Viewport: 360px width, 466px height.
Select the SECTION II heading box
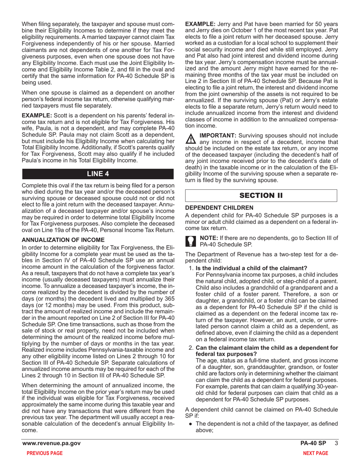point(261,195)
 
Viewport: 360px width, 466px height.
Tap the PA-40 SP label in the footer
point(313,444)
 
